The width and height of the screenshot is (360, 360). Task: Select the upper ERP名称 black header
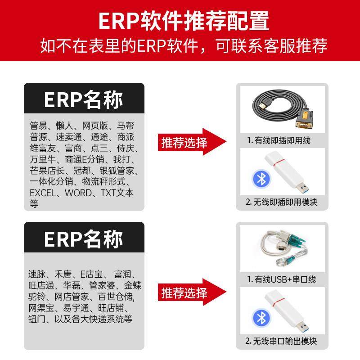click(x=84, y=100)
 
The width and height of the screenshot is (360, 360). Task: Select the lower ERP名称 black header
click(x=84, y=239)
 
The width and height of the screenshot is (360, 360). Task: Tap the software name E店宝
click(x=92, y=274)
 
